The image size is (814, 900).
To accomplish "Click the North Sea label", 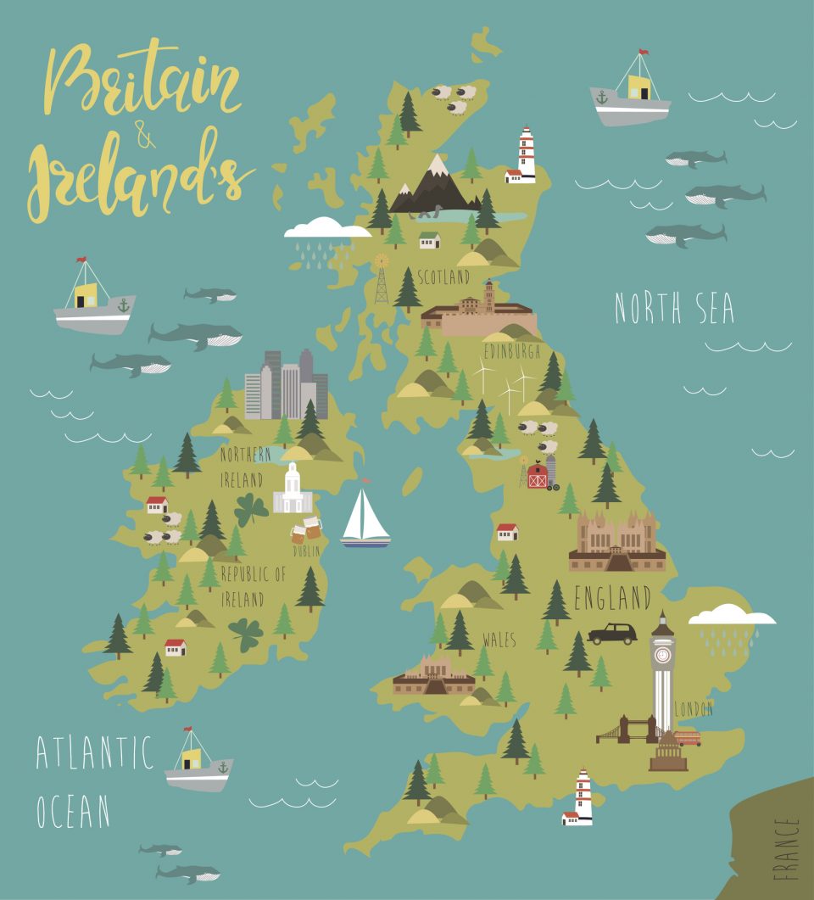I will (674, 308).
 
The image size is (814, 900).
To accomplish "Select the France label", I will (786, 847).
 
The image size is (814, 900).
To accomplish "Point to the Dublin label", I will (306, 551).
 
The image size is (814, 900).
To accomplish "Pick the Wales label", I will (499, 640).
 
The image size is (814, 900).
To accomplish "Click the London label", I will (694, 708).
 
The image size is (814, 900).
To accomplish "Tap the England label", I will (612, 598).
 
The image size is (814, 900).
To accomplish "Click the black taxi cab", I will (612, 633).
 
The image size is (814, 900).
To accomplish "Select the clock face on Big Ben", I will (662, 655).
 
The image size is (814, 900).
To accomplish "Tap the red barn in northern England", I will (538, 476).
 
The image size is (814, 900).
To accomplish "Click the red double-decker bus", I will (688, 737).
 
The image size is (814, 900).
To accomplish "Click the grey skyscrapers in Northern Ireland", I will (286, 386).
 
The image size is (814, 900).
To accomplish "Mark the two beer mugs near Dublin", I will (306, 529).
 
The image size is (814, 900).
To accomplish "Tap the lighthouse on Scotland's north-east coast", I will (527, 155).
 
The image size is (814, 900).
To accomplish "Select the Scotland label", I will (443, 277).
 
